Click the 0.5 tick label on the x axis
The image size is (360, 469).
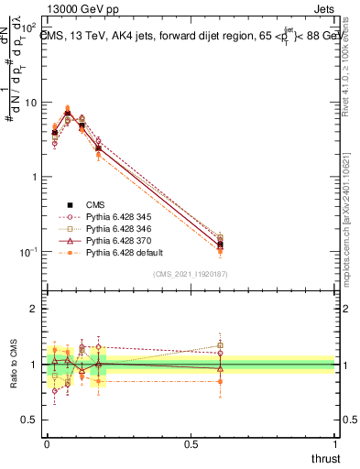(x=191, y=443)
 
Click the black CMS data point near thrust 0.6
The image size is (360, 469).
(x=220, y=245)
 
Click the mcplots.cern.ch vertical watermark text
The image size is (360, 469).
(x=353, y=215)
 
